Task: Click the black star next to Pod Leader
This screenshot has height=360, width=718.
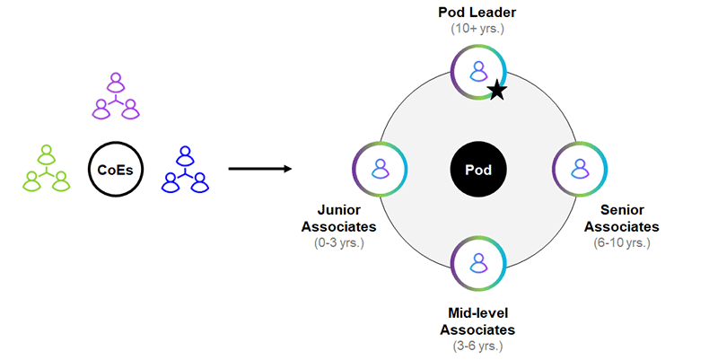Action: [496, 90]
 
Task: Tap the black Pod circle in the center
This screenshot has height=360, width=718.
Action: [477, 169]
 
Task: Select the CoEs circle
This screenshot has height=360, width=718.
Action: [114, 170]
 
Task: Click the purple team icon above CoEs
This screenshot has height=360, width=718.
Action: [115, 97]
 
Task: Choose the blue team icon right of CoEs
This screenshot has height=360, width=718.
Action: [185, 170]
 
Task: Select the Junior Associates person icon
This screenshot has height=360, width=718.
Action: [380, 168]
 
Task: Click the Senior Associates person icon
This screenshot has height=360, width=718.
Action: [578, 168]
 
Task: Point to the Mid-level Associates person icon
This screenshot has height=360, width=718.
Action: [478, 267]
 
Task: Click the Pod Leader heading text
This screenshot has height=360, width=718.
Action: [477, 12]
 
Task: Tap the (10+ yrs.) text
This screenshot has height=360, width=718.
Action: [477, 28]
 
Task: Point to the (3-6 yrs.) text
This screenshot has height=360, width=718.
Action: [477, 346]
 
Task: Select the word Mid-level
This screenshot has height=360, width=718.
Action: [477, 314]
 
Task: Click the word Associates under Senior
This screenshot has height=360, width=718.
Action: [619, 226]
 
